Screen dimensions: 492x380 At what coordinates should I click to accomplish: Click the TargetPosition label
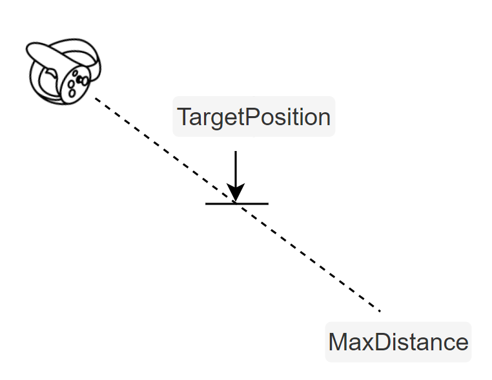(x=254, y=117)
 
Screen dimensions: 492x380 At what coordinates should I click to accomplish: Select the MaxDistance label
(x=398, y=341)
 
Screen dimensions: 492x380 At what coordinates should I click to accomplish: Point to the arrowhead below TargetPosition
(x=236, y=193)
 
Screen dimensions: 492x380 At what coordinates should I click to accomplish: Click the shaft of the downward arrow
(x=236, y=168)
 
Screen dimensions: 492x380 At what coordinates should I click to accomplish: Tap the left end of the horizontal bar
(x=207, y=203)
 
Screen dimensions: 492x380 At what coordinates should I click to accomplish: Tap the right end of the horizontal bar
(x=267, y=203)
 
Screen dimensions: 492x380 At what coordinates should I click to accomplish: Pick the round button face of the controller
(x=77, y=82)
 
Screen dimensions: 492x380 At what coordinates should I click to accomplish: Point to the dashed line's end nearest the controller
(x=96, y=98)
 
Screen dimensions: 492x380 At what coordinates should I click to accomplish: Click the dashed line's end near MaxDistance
(x=380, y=311)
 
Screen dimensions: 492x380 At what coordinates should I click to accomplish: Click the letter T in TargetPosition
(x=183, y=117)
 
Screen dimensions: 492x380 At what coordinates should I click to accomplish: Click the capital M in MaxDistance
(x=338, y=341)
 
